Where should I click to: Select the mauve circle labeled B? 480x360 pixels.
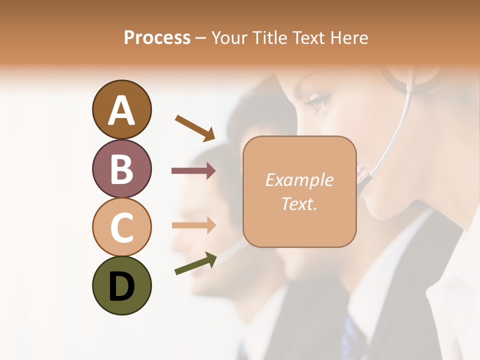[x=121, y=168]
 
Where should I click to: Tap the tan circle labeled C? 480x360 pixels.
[x=121, y=227]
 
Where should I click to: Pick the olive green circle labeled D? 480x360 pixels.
[x=121, y=285]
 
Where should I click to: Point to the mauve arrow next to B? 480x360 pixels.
[x=193, y=171]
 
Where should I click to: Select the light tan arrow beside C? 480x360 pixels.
[x=193, y=225]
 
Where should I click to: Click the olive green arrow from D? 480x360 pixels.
[x=195, y=263]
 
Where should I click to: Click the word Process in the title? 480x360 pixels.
[x=157, y=37]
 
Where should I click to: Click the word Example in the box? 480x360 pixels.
[x=299, y=180]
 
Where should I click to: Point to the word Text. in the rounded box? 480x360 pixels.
[x=299, y=203]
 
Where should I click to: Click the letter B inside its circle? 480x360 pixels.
[x=121, y=169]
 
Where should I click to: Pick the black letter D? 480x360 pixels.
[x=121, y=286]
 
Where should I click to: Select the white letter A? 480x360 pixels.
[x=121, y=110]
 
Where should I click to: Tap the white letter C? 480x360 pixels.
[x=121, y=228]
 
